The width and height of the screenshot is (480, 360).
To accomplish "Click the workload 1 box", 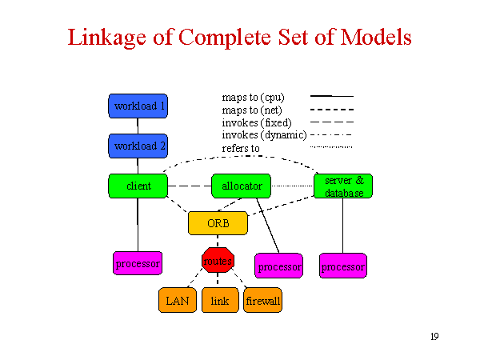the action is tap(138, 106).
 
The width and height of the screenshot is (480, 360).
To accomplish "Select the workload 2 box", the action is tap(138, 146).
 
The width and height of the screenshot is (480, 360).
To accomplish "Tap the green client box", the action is tap(138, 186).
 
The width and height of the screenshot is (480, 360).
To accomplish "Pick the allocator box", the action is tap(242, 186).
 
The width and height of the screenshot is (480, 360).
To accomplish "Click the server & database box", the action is tap(343, 186).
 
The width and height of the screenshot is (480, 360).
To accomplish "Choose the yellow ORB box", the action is tap(218, 223).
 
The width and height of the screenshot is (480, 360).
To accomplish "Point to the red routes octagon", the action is tap(218, 260).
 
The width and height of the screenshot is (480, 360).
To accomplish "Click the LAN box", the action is tap(178, 300).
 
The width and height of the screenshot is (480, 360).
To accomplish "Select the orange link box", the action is tap(220, 300).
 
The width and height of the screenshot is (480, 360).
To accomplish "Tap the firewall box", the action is tap(262, 300).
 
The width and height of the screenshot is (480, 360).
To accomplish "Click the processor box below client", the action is tap(138, 263).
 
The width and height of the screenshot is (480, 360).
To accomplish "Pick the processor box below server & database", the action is tap(343, 266).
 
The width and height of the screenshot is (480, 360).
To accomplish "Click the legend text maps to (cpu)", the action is tap(253, 98).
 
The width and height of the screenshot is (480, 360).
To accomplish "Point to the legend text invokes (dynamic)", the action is tap(264, 135).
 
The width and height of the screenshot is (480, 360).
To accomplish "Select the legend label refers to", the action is tap(241, 149).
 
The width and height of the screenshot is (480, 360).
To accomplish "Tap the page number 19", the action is tap(434, 337).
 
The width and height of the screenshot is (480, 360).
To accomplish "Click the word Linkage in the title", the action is tap(107, 38).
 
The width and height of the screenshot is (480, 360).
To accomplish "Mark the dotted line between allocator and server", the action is tap(292, 186).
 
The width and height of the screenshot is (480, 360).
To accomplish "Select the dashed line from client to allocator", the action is tap(190, 186).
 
